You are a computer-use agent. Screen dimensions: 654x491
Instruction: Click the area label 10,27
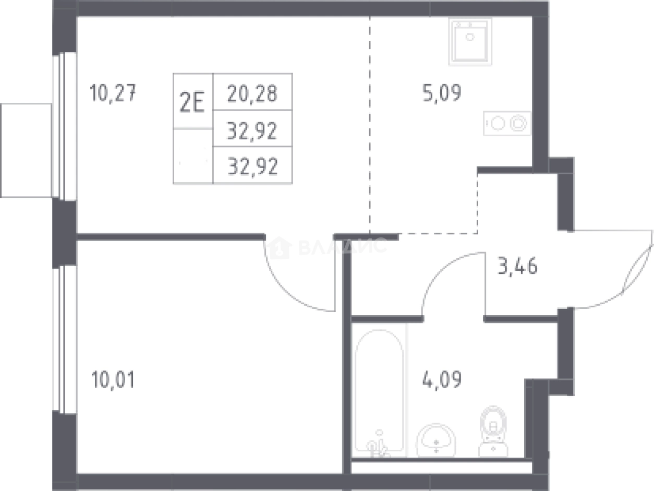[x=113, y=93]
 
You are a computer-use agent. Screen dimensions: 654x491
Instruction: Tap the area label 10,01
[x=113, y=379]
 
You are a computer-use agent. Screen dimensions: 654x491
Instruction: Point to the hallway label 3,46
[x=517, y=266]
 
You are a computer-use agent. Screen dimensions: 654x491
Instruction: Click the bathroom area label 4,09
[x=442, y=379]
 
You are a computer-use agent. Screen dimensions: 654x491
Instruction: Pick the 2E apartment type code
[x=192, y=102]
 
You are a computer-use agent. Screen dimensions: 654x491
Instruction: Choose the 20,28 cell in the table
[x=252, y=93]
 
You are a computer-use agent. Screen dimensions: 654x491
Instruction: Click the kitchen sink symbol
[x=470, y=41]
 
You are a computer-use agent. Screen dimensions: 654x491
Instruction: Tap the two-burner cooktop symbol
[x=507, y=123]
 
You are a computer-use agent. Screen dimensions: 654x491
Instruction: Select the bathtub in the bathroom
[x=379, y=393]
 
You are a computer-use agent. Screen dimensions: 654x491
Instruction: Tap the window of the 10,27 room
[x=64, y=126]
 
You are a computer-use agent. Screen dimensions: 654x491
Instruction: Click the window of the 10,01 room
[x=64, y=340]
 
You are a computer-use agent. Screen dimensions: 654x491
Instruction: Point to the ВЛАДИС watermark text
[x=343, y=246]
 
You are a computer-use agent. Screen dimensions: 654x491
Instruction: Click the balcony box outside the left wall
[x=26, y=151]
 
